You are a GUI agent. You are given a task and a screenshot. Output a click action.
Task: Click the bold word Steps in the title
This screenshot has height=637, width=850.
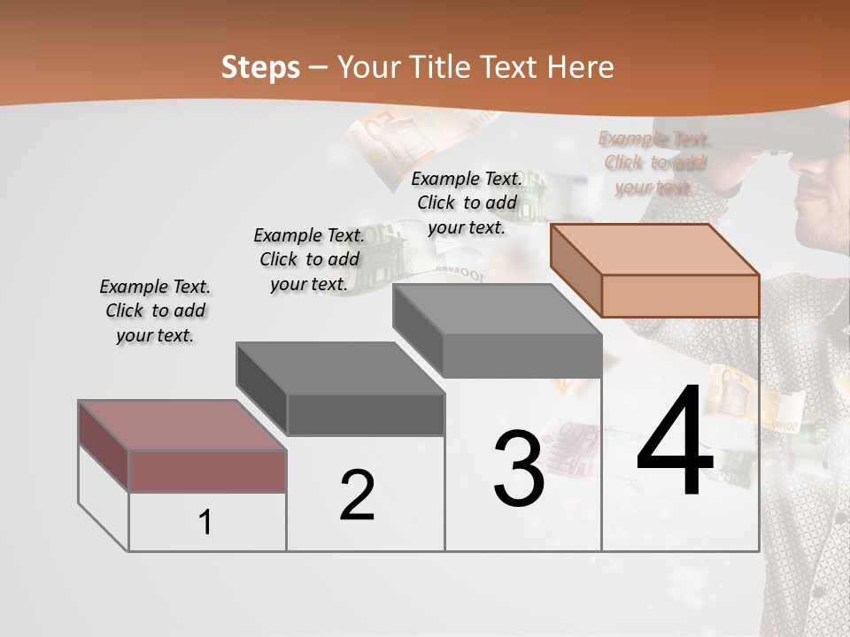(260, 67)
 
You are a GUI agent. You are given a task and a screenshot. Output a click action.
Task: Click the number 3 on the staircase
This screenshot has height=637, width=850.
(519, 469)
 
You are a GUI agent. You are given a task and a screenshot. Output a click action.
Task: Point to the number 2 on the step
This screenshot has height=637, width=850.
(358, 495)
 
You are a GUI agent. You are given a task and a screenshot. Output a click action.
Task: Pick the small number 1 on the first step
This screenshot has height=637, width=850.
(205, 523)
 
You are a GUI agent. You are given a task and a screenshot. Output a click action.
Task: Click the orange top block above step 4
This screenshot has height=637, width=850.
(655, 270)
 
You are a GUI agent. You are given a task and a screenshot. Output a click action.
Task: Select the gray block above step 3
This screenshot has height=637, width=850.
(498, 331)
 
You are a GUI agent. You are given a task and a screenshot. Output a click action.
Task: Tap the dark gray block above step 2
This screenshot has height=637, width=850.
(341, 389)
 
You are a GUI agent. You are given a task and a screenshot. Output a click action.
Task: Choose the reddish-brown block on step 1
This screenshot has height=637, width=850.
(182, 447)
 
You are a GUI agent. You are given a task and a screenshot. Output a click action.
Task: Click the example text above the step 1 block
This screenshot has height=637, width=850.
(155, 311)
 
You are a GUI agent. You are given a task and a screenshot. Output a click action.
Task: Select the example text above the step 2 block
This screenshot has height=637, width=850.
(309, 259)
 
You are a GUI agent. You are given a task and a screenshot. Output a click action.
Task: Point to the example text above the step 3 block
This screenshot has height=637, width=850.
(467, 203)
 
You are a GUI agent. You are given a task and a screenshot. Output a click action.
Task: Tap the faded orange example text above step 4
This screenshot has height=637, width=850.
(654, 162)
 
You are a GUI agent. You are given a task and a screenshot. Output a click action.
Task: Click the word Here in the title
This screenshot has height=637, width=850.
(581, 67)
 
